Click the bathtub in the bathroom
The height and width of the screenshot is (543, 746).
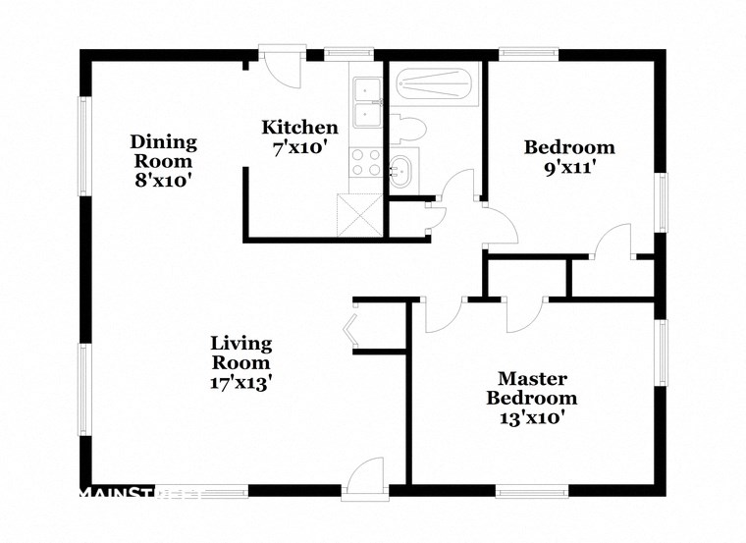[436, 86]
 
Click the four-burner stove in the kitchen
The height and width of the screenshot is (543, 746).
[367, 161]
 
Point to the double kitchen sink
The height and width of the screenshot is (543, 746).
[367, 103]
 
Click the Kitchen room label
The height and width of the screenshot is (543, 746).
[299, 128]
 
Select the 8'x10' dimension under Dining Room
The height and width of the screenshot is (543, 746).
[163, 180]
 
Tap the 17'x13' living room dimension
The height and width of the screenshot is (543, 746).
[240, 383]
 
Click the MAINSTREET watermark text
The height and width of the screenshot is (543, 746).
[137, 492]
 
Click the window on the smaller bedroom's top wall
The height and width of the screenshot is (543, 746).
[528, 55]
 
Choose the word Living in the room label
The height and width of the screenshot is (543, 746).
[240, 343]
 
